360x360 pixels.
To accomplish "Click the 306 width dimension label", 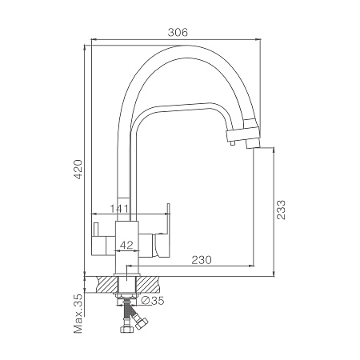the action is [178, 32].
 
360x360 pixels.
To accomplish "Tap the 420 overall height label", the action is [78, 170].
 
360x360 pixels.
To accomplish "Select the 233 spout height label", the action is [281, 210].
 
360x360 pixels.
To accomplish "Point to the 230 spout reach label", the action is [202, 260].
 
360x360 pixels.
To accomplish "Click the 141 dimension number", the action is [119, 209].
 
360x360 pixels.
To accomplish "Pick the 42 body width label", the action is [126, 245].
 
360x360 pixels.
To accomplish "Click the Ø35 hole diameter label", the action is [152, 301].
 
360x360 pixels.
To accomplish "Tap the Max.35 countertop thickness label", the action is [78, 314].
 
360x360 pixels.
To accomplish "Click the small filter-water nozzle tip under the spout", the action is [233, 144].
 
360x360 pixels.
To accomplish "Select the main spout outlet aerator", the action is [253, 144].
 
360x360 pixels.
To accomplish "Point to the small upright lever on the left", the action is [95, 229].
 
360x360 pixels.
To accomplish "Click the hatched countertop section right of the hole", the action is [148, 284].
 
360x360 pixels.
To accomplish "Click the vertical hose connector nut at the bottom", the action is [126, 329].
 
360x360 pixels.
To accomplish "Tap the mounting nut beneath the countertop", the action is [126, 295].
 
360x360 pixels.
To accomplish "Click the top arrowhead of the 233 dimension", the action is [274, 150].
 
